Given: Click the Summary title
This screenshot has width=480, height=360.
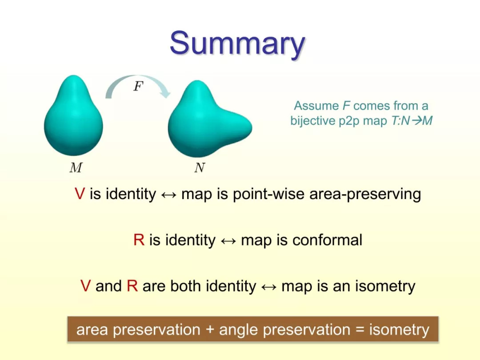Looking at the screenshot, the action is [x=237, y=44].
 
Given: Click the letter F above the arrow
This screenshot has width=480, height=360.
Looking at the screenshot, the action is [x=138, y=86].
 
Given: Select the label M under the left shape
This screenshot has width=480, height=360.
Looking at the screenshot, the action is [x=76, y=168].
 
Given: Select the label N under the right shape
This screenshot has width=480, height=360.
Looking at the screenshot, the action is [x=200, y=168].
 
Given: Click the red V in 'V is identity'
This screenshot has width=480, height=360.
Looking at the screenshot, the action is [x=80, y=194].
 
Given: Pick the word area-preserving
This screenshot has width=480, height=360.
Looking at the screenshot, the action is [x=365, y=194].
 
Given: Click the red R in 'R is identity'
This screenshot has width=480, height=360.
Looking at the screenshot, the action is [x=139, y=240].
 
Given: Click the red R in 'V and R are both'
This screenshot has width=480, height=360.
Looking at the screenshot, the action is [x=132, y=286].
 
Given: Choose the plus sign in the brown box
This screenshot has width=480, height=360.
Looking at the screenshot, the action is [x=210, y=330].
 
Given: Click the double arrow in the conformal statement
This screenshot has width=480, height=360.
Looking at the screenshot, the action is [x=228, y=241].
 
